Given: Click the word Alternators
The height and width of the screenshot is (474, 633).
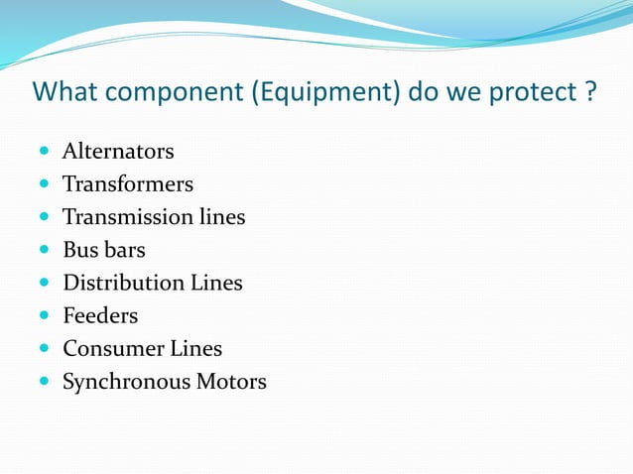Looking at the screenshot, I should [x=118, y=152].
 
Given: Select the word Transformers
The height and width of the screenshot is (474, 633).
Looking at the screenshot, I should [x=128, y=184].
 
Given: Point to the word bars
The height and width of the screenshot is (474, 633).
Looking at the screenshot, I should [x=126, y=250].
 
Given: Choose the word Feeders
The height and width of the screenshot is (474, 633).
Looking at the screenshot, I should [x=100, y=315].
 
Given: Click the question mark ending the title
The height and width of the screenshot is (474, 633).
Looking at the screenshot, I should [x=589, y=92].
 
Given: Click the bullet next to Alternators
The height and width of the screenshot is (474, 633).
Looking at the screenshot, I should [x=46, y=153].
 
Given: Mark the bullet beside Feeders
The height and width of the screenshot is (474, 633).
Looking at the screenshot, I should [x=46, y=316].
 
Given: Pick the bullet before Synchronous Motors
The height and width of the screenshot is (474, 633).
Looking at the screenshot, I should [x=46, y=382].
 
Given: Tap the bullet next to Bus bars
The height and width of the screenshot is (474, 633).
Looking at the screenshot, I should [x=46, y=251].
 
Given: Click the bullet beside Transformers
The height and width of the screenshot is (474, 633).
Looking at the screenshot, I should [x=46, y=185].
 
